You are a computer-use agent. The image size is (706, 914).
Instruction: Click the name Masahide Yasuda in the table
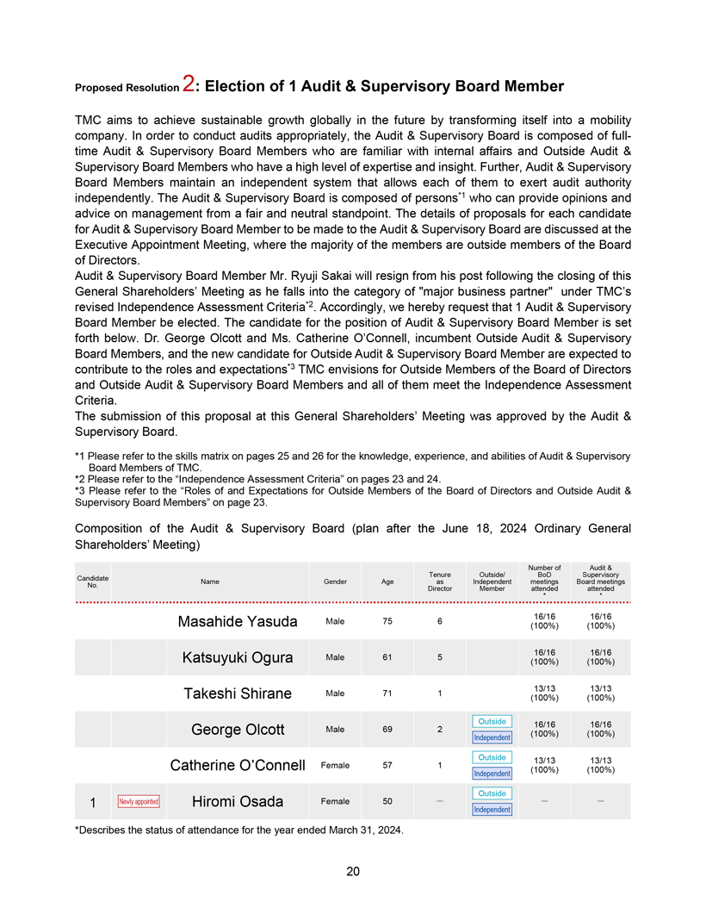click(x=238, y=622)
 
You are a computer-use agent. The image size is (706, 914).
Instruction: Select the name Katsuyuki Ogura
click(x=238, y=658)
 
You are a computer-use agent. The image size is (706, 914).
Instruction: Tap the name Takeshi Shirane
click(x=238, y=694)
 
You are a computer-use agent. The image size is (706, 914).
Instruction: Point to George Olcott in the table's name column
click(x=238, y=730)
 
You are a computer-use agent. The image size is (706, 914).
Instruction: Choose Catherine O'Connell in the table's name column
click(x=238, y=765)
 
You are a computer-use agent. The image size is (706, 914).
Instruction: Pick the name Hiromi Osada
click(x=238, y=802)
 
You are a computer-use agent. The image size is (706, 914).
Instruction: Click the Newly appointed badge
click(x=138, y=802)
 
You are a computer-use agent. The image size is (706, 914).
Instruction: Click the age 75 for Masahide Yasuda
click(x=387, y=621)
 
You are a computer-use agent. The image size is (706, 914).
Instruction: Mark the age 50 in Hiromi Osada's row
click(x=387, y=801)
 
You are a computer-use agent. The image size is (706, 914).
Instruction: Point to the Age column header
click(x=387, y=582)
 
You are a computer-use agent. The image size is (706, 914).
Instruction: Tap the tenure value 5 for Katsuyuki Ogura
click(x=439, y=657)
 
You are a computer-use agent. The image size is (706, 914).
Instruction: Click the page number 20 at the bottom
click(x=353, y=872)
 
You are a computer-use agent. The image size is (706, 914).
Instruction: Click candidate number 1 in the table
click(x=92, y=803)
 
